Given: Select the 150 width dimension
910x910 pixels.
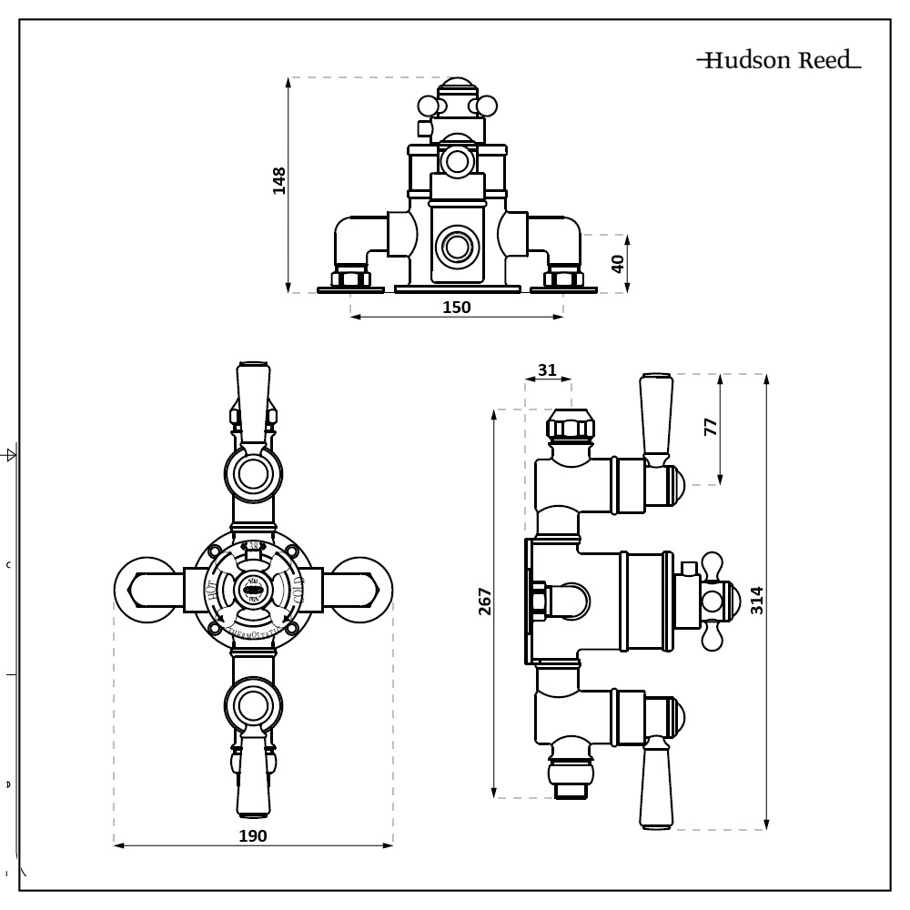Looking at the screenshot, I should pyautogui.click(x=456, y=307).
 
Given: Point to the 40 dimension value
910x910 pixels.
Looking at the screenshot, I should pyautogui.click(x=618, y=264).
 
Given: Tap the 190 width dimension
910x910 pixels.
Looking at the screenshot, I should pyautogui.click(x=253, y=835).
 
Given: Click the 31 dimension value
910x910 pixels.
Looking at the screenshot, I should pyautogui.click(x=547, y=369).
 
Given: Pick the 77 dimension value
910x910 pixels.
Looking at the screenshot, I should pyautogui.click(x=712, y=426).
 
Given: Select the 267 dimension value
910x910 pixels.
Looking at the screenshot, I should pyautogui.click(x=484, y=602).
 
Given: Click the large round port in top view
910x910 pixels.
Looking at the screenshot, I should pyautogui.click(x=453, y=246).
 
